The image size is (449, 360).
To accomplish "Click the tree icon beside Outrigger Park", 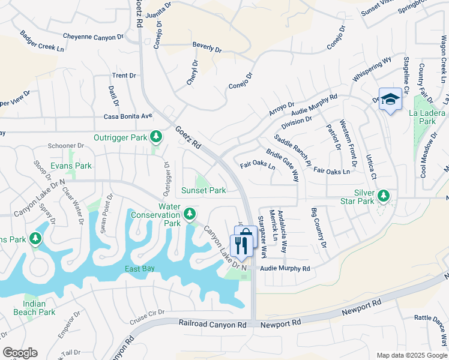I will pos(156,137).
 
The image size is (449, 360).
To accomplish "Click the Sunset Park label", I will pos(203,190).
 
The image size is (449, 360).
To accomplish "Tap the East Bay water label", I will pos(140,269).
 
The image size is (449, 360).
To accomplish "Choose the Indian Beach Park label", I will pos(35,308).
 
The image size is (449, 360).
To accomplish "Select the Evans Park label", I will pos(71,166).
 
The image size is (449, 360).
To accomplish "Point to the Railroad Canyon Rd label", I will pos(212,323).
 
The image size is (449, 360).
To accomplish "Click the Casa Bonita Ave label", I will pos(128,116).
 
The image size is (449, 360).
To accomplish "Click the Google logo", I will pos(20,352).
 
